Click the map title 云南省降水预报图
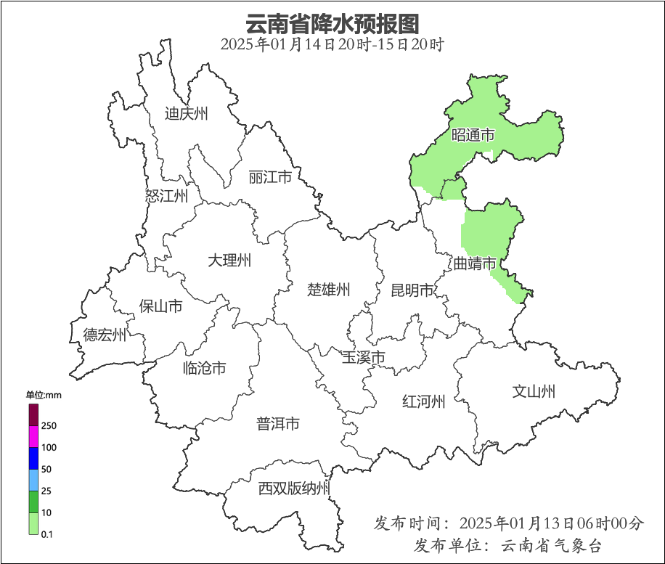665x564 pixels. click(x=332, y=23)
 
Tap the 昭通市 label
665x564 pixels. click(x=473, y=135)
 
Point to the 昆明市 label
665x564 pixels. click(x=412, y=290)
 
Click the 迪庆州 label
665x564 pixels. click(x=186, y=113)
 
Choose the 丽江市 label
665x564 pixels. click(x=269, y=177)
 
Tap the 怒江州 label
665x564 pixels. click(x=166, y=196)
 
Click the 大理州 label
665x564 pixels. click(x=229, y=260)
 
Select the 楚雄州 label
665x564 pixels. click(x=328, y=290)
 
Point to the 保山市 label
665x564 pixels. click(x=160, y=306)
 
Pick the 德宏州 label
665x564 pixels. click(x=105, y=335)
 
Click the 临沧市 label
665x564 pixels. click(x=204, y=368)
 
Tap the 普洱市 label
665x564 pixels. click(x=277, y=424)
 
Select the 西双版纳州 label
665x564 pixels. click(x=294, y=489)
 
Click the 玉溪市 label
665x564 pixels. click(x=363, y=357)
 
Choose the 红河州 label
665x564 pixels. click(x=423, y=401)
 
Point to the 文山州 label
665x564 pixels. click(x=534, y=392)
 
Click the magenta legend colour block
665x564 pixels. click(x=33, y=436)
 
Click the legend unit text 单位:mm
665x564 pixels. click(x=44, y=395)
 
